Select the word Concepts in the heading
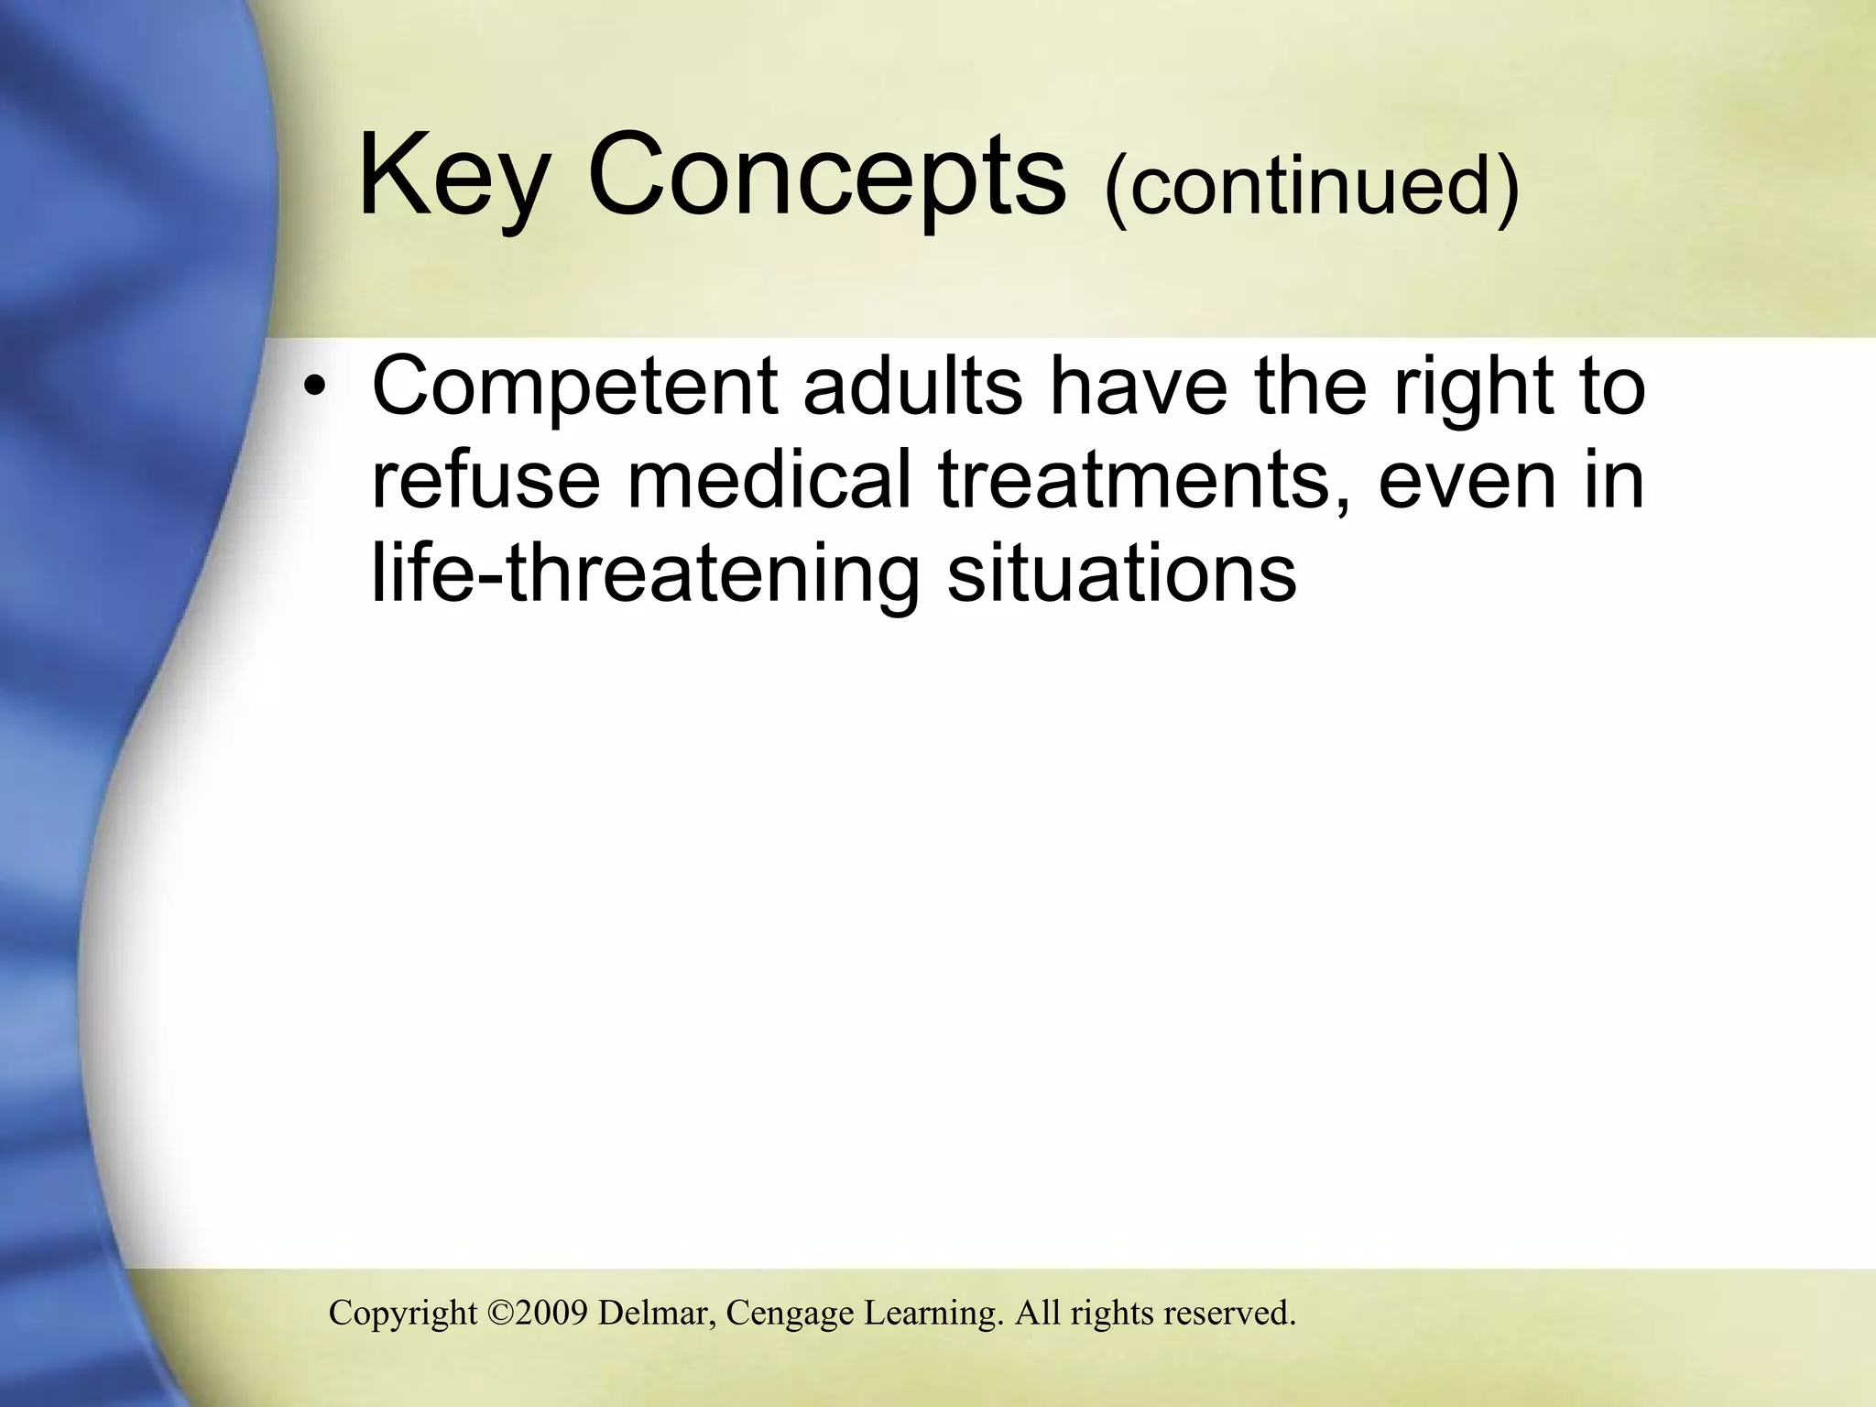click(x=827, y=177)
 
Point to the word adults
click(x=913, y=387)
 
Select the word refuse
click(x=485, y=481)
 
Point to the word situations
click(x=1121, y=573)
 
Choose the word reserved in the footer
click(x=1229, y=1313)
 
